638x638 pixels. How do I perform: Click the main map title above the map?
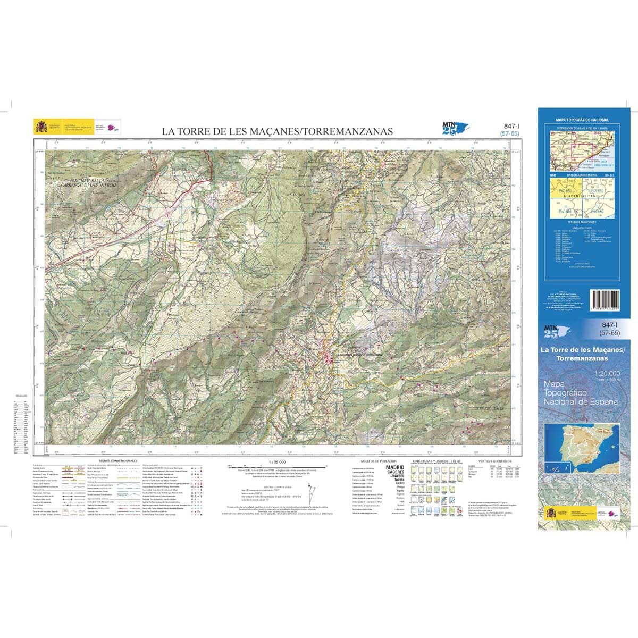277,131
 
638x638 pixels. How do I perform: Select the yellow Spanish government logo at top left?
41,127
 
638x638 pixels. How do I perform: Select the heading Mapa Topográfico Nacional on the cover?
582,121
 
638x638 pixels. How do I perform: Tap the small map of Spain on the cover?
582,447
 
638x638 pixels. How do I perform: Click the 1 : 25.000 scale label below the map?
278,461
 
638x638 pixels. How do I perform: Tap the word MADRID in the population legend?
394,467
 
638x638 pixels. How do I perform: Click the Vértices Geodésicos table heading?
494,461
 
